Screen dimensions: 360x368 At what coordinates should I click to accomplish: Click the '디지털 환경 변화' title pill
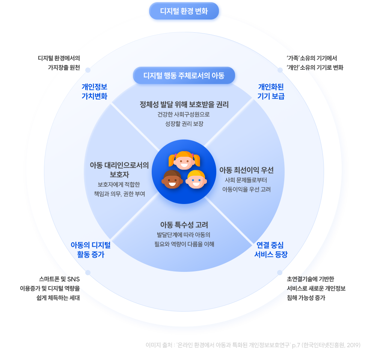184,11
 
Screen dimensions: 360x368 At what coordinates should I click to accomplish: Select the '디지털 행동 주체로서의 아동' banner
184,76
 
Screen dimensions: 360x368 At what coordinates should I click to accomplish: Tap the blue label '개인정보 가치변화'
94,91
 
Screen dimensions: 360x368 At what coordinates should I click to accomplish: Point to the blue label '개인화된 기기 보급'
271,91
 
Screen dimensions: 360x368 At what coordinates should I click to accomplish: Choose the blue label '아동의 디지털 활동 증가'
90,250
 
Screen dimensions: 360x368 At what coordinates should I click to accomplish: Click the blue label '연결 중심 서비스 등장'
271,250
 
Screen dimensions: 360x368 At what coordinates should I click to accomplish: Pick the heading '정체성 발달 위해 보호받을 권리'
184,104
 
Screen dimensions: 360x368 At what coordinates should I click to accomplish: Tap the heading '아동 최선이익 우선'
246,170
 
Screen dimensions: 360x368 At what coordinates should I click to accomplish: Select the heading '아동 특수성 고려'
184,225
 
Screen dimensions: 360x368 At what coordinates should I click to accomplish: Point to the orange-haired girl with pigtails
184,160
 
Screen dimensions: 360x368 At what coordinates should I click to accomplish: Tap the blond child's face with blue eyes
196,180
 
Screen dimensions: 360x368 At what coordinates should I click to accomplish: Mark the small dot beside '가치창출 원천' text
88,70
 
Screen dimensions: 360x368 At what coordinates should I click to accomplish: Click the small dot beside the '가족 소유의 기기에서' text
280,70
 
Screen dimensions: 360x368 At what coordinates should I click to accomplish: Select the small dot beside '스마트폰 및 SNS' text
88,272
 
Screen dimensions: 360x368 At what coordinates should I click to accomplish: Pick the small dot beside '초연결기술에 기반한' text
280,272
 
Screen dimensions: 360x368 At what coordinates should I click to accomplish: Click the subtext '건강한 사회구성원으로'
184,114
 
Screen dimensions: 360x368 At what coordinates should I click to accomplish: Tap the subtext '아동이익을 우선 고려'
246,189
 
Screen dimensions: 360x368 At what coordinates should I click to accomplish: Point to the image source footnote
253,345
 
